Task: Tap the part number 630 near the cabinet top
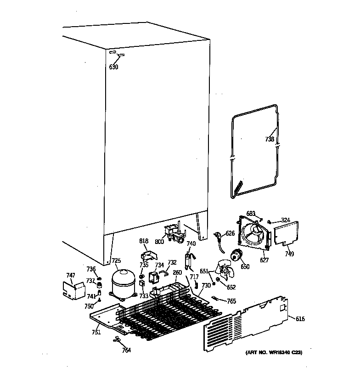tap(113, 67)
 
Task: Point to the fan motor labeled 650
tap(237, 256)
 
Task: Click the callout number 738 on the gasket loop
tap(270, 139)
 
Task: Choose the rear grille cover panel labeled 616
tap(248, 326)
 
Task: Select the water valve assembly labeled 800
tap(173, 232)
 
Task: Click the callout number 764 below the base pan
tap(126, 350)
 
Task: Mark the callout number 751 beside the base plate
tap(96, 332)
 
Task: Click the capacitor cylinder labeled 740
tap(189, 260)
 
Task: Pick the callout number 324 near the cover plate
tap(285, 221)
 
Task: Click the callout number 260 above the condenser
tap(178, 272)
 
